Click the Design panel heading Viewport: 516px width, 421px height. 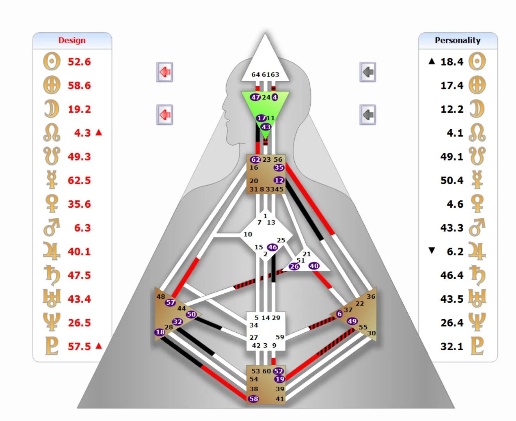click(72, 40)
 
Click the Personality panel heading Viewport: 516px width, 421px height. click(457, 40)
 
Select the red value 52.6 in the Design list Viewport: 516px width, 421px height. click(79, 62)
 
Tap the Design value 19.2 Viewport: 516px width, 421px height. click(79, 109)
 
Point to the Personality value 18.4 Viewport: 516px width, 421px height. click(451, 62)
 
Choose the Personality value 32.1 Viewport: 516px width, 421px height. click(451, 346)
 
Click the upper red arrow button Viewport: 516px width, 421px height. click(165, 72)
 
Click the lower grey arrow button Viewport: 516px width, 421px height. click(367, 115)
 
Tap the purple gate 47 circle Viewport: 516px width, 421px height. click(255, 97)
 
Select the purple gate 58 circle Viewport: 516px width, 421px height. click(254, 399)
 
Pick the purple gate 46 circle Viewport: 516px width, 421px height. click(272, 247)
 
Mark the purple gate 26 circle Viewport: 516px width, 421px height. click(294, 266)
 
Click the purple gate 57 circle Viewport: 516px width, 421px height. click(170, 302)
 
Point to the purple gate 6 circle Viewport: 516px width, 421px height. click(339, 314)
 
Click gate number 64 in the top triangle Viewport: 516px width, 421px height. click(256, 75)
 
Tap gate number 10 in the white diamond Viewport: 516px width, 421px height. click(248, 234)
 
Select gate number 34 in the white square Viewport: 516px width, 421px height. click(254, 325)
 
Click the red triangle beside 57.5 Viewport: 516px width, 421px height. click(99, 346)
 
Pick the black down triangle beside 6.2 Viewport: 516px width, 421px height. click(432, 251)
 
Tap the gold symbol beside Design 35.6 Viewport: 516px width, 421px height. click(52, 204)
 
